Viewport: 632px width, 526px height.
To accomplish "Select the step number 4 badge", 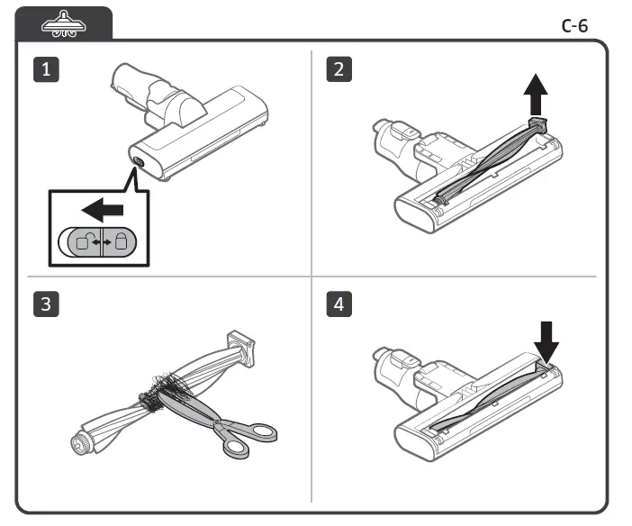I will pos(338,304).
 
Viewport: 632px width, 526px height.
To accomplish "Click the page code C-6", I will pos(573,25).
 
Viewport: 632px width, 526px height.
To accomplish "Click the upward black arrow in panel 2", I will pos(537,92).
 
